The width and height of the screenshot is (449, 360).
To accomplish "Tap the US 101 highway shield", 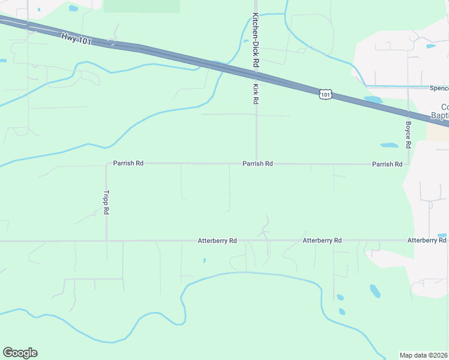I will point(325,94).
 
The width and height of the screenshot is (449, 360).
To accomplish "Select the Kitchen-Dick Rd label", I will point(256,40).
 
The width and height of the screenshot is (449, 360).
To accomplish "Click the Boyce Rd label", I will point(408,135).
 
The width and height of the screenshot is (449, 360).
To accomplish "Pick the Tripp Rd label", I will point(106,203).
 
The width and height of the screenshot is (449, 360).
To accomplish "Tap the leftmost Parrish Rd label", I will point(128,163).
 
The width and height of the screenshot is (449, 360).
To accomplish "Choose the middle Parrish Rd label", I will point(258,163).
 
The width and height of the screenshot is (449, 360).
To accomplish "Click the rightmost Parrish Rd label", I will point(387,164).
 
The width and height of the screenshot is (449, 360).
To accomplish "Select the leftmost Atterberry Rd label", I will point(217,241).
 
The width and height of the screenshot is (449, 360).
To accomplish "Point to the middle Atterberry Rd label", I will point(322,241).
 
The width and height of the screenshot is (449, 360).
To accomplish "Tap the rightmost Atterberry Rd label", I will point(426,241).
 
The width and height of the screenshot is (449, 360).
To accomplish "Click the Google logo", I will point(20,353).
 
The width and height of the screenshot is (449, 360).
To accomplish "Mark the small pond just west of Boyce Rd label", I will point(389,145).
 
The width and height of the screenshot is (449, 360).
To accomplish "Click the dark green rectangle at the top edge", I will point(142,6).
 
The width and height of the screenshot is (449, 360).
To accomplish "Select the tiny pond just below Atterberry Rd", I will point(205,260).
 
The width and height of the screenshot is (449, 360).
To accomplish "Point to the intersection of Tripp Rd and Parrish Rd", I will point(107,163).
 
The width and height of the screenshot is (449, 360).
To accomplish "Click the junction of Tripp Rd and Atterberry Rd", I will point(107,241).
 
